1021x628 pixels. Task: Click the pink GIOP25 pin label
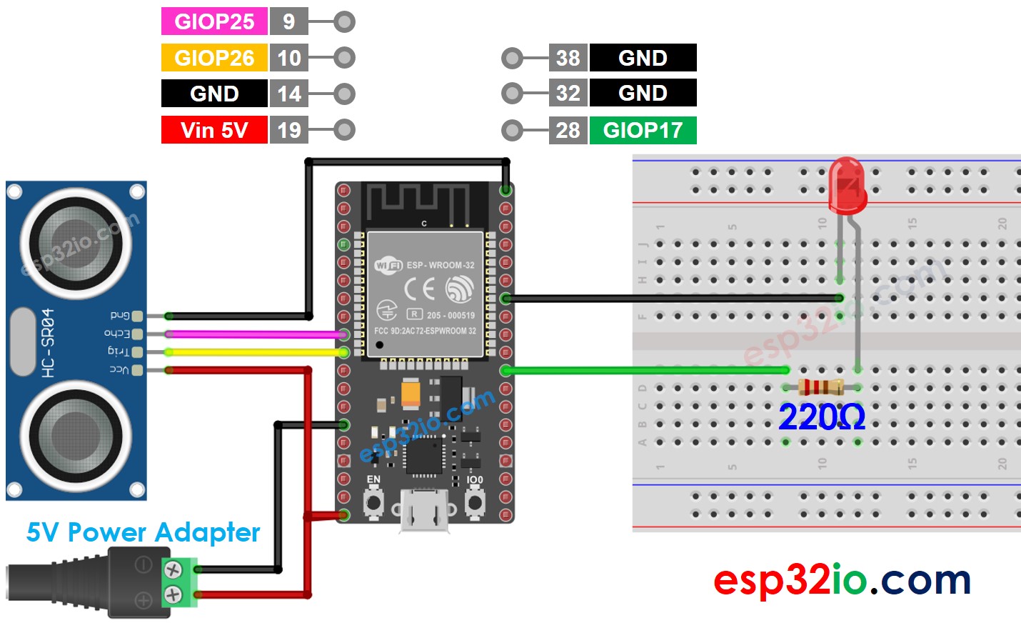[x=214, y=21]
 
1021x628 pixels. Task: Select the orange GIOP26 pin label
[x=214, y=58]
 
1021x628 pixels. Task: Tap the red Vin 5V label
[x=214, y=130]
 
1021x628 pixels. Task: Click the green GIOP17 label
[x=643, y=130]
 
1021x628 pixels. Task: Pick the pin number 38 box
[x=568, y=58]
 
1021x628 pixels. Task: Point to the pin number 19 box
[x=289, y=130]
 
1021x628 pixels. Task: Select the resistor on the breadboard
[x=821, y=388]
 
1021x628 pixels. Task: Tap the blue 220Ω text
[x=821, y=417]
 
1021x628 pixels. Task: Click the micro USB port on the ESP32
[x=424, y=509]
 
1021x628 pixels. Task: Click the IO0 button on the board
[x=475, y=502]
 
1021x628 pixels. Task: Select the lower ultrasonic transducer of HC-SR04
[x=76, y=436]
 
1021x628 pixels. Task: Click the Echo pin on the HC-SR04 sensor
[x=136, y=334]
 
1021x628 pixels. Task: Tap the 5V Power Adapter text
[x=143, y=532]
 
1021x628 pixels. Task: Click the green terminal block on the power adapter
[x=179, y=582]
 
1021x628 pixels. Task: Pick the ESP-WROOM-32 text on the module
[x=440, y=265]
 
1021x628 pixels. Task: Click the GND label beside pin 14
[x=214, y=94]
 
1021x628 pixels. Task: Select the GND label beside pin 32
[x=643, y=94]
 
